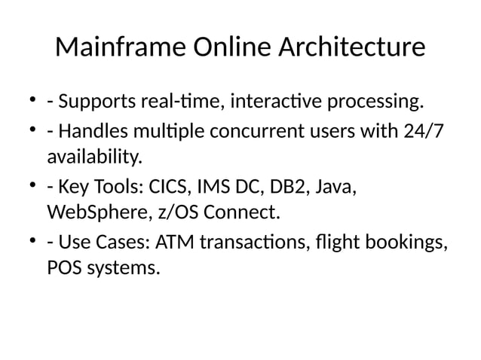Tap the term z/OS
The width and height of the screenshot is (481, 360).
click(x=178, y=214)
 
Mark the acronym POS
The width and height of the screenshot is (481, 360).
click(x=65, y=268)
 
